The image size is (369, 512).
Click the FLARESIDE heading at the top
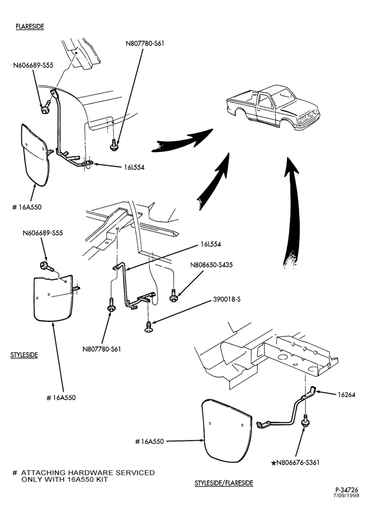(30, 27)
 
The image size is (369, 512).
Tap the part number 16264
(346, 394)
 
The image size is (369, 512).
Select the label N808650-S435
(212, 265)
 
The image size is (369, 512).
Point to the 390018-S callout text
(227, 299)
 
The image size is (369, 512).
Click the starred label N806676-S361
(295, 462)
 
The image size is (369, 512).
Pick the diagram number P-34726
(347, 490)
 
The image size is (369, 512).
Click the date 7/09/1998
(346, 495)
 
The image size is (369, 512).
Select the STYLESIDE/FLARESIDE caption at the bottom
(224, 483)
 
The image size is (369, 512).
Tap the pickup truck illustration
(273, 108)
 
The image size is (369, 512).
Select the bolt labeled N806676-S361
(305, 420)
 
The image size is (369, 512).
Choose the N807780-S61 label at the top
(145, 44)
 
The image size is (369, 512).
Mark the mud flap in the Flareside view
(35, 155)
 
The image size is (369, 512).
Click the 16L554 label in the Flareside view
(134, 167)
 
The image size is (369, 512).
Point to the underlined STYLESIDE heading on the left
(24, 355)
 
